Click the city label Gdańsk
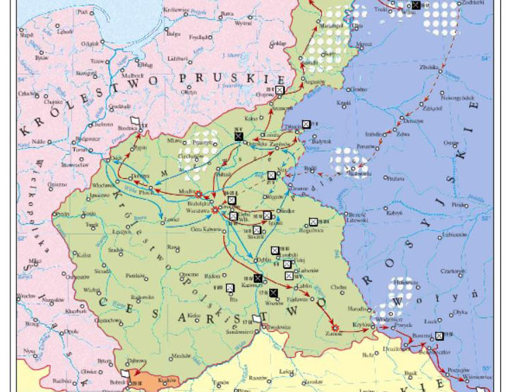tap(88, 43)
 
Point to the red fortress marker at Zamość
tap(334, 326)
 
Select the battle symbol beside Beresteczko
tap(439, 337)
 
